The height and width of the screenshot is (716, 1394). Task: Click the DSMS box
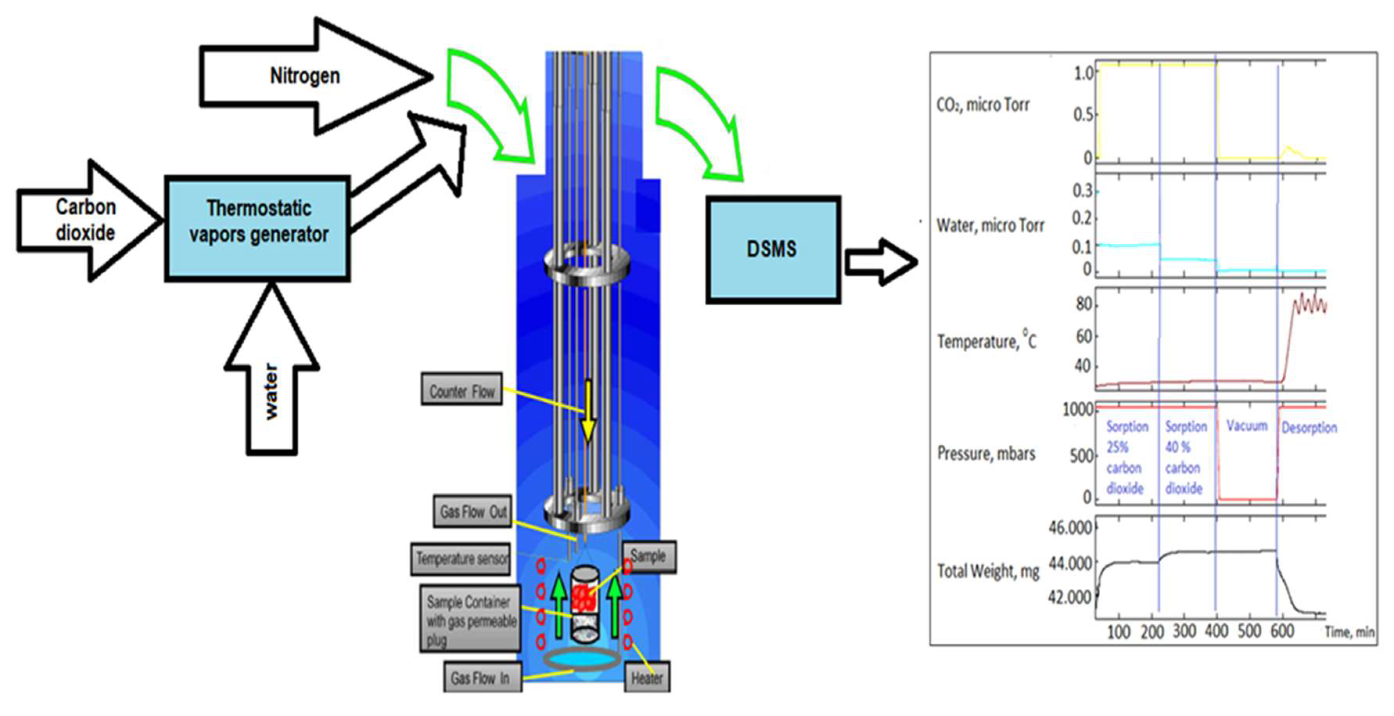[772, 249]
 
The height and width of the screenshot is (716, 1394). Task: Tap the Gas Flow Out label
[473, 511]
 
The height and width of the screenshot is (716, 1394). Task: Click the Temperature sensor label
[461, 558]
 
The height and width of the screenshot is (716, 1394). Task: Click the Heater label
[647, 677]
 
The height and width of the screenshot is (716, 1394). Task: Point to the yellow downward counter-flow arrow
[588, 411]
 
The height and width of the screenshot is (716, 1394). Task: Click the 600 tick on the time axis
[1281, 631]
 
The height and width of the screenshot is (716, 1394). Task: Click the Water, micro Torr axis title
[990, 225]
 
